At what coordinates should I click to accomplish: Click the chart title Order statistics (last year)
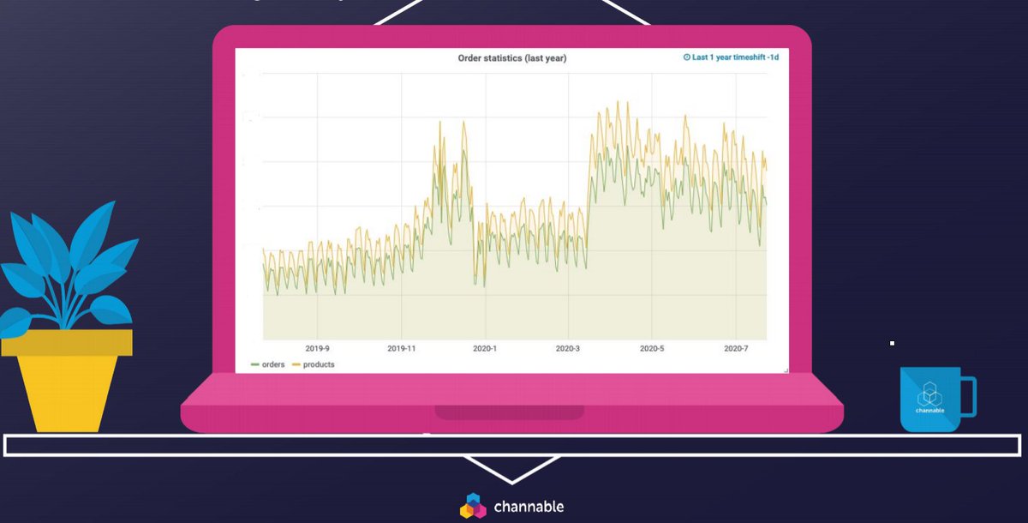[x=512, y=58]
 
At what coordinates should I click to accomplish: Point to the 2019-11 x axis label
[x=401, y=349]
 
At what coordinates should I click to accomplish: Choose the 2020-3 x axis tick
[x=567, y=349]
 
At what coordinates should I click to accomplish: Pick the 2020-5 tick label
[x=651, y=349]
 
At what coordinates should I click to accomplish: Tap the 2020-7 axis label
[x=736, y=349]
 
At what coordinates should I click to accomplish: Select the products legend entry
[x=318, y=364]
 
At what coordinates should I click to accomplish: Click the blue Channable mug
[x=929, y=400]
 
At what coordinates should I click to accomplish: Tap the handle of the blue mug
[x=968, y=396]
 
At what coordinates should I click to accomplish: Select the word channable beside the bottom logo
[x=529, y=507]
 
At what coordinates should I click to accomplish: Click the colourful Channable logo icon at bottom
[x=473, y=506]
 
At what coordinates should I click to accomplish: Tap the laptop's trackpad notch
[x=510, y=412]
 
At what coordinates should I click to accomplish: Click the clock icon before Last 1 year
[x=686, y=57]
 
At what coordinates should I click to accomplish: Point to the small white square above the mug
[x=892, y=343]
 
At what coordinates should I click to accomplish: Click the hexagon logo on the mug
[x=929, y=395]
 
